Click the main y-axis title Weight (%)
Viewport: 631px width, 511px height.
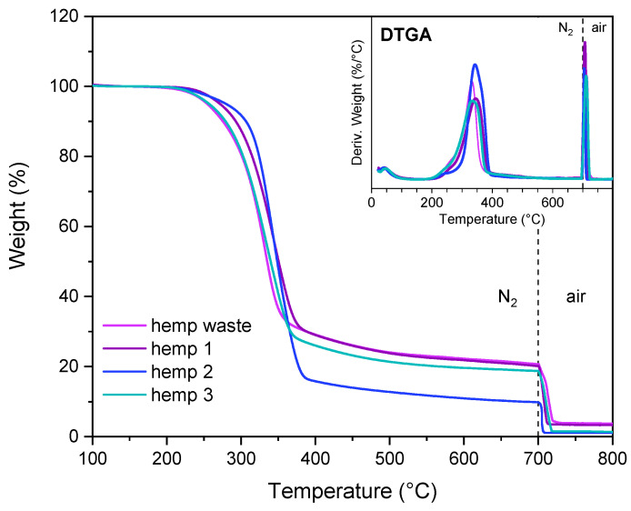click(x=19, y=225)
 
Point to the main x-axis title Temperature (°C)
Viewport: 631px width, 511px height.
click(x=352, y=492)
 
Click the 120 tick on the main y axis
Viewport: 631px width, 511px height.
click(x=67, y=15)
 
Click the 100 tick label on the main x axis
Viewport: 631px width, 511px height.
click(x=92, y=456)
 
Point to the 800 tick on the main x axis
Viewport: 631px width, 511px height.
click(x=612, y=456)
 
